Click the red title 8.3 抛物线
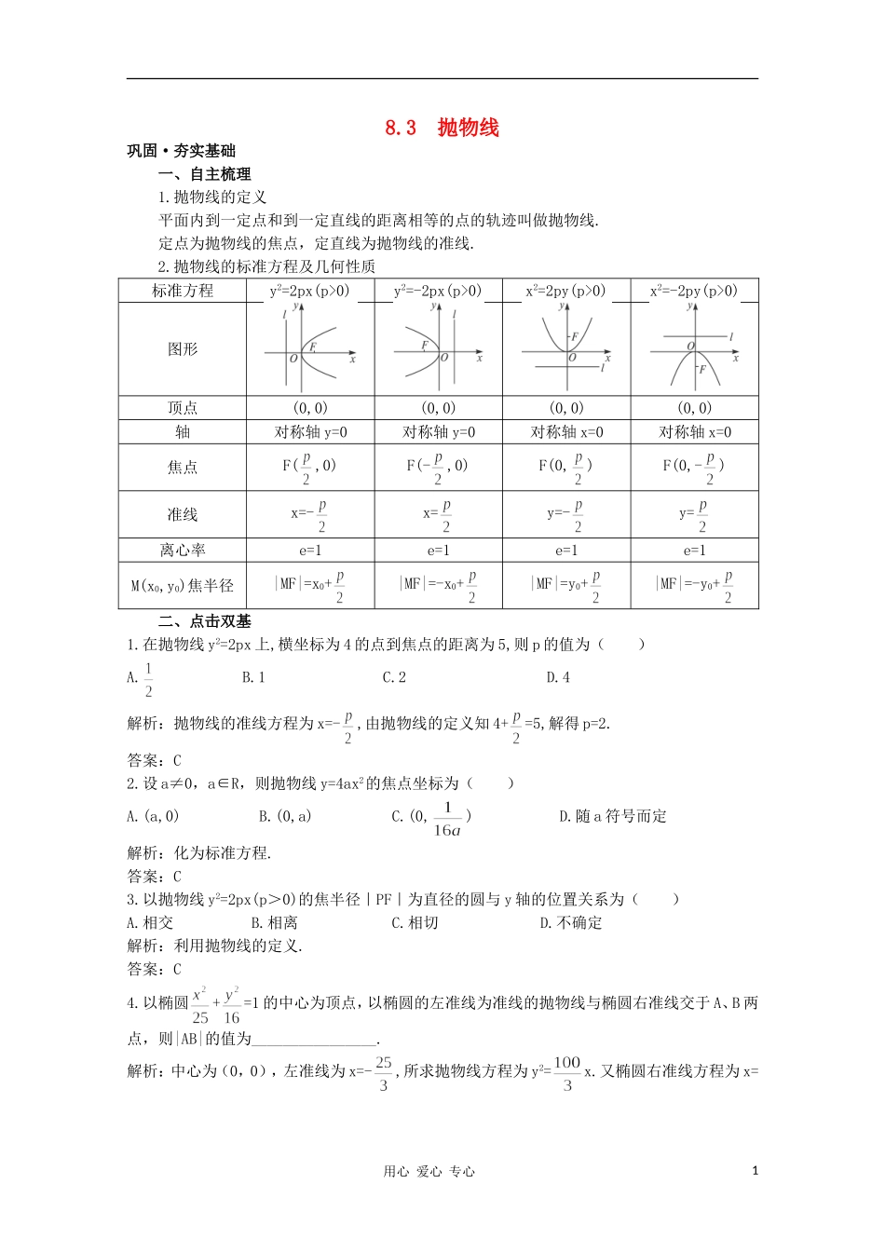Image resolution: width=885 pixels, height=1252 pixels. (442, 128)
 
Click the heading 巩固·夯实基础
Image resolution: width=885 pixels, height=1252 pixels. (181, 151)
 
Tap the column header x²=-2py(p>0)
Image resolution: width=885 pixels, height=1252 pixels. (694, 291)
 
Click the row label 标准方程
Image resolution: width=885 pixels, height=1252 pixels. (183, 291)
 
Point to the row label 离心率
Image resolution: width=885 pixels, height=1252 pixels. (183, 550)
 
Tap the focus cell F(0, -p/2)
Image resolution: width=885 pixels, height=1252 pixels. (694, 467)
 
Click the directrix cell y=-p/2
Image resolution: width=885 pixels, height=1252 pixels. (565, 515)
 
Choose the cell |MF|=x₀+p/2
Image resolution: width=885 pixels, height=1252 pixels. (310, 585)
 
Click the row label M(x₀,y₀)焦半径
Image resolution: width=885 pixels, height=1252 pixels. (183, 585)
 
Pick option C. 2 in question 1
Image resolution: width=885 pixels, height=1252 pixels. (394, 677)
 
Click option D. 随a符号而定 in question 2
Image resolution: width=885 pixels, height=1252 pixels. (612, 816)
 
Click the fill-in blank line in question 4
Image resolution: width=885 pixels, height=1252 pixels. (314, 1041)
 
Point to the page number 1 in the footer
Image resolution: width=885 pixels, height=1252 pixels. (755, 1171)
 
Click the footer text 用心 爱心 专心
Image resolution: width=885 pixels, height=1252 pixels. (429, 1172)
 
